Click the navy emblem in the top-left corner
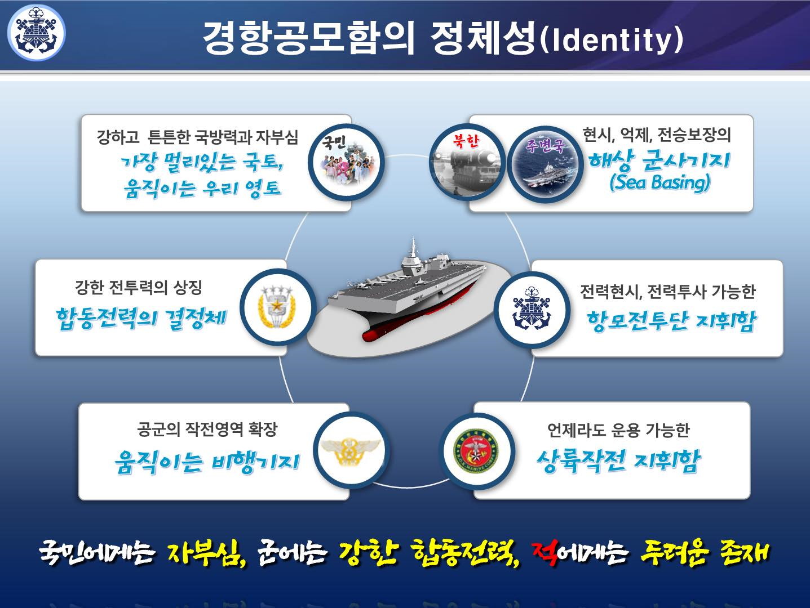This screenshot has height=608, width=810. pos(36,33)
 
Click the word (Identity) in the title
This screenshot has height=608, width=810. pos(611,39)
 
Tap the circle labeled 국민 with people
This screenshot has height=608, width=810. pos(345,162)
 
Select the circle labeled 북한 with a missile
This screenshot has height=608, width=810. pos(466,162)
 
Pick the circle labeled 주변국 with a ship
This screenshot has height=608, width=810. pos(545,163)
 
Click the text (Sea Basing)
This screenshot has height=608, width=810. pos(659,182)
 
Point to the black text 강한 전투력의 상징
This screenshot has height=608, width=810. pos(139,288)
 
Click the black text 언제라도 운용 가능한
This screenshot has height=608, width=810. pos(618,431)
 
